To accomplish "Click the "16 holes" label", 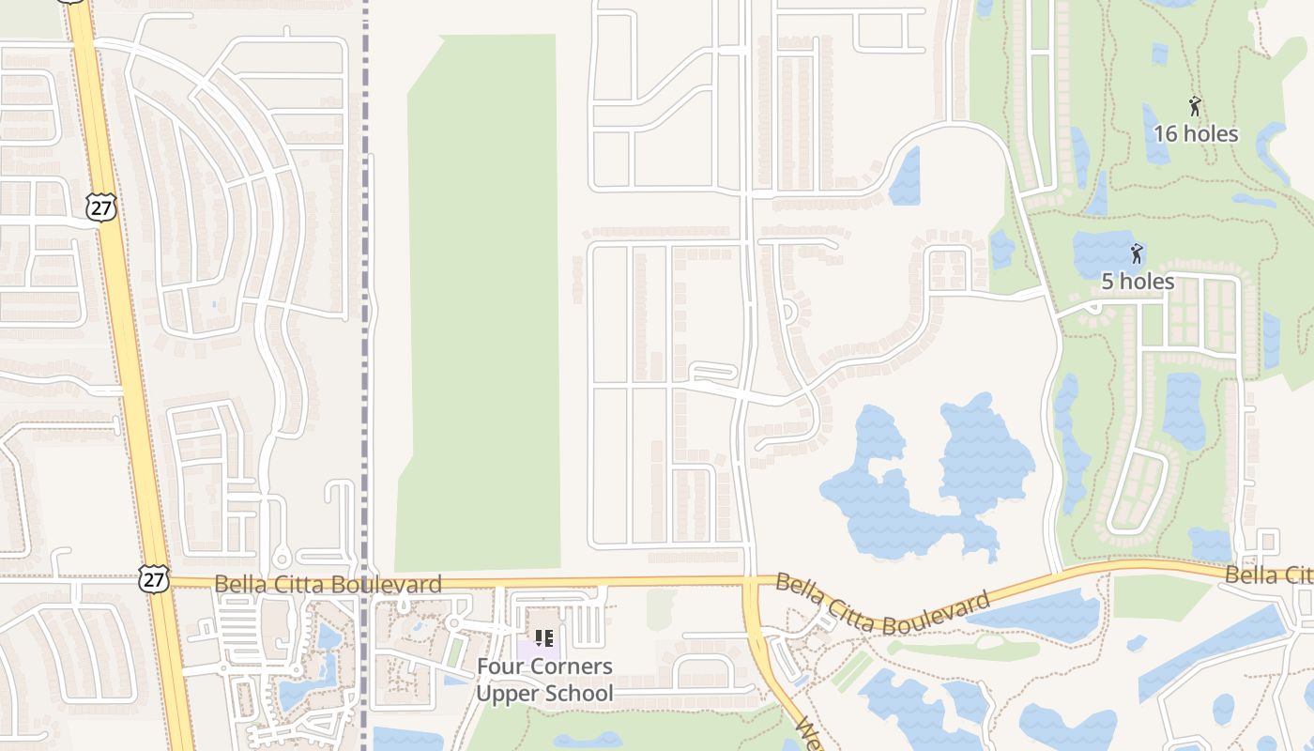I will [1195, 134].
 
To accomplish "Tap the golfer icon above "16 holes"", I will [1195, 106].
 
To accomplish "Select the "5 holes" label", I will [1137, 282].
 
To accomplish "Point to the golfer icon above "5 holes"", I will [1137, 253].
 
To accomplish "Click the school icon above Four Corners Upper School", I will [543, 639].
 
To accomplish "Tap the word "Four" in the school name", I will [502, 667].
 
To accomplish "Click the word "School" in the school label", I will [578, 695].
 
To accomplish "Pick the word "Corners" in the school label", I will [573, 667].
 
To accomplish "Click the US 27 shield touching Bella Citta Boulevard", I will [153, 578].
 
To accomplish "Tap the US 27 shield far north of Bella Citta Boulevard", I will [100, 207].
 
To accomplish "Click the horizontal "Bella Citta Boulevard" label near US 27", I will [328, 585].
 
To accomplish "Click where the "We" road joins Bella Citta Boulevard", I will [750, 584].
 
